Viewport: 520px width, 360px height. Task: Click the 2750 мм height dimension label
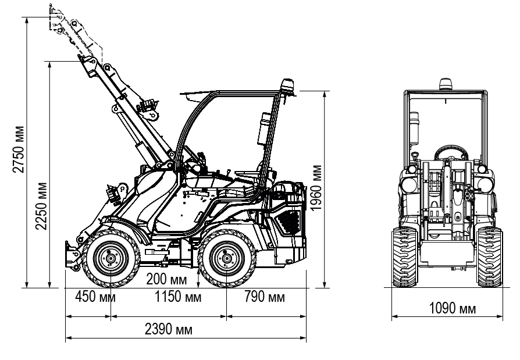[20, 149]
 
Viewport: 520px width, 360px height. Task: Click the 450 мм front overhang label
[93, 297]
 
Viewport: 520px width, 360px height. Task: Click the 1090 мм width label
[451, 308]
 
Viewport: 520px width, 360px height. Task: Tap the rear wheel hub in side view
[226, 258]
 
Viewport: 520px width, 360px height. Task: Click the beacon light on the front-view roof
[445, 84]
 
